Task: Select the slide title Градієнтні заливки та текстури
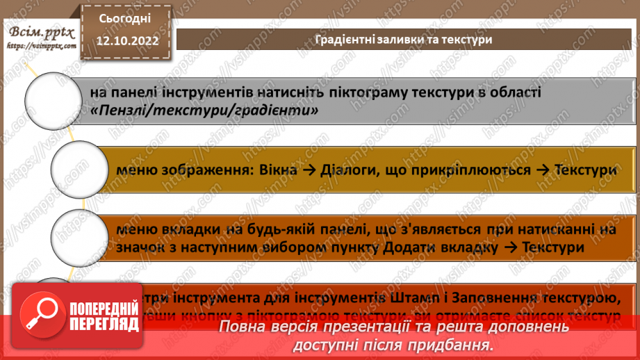[x=404, y=40]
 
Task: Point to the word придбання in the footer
[x=452, y=344]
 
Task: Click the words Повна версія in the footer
[x=260, y=326]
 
